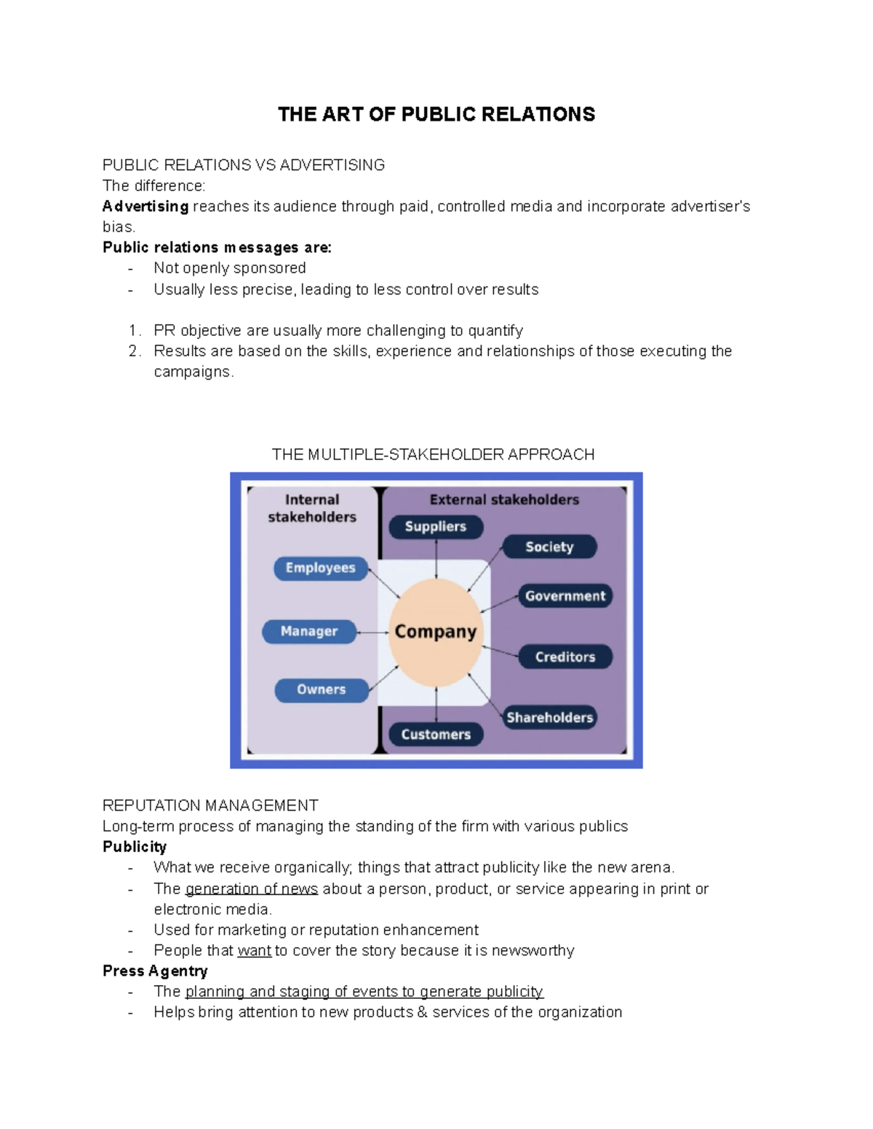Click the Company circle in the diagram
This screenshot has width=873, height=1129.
tap(436, 632)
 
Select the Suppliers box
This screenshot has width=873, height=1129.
tap(436, 526)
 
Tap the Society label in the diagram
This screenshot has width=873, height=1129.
tap(550, 547)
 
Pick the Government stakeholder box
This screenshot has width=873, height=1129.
tap(565, 596)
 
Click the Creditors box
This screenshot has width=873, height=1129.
tap(565, 656)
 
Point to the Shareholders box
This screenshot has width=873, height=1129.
tap(550, 718)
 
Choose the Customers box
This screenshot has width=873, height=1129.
tap(436, 734)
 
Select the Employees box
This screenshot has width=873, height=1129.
tap(321, 568)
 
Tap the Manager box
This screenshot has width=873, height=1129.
tap(309, 631)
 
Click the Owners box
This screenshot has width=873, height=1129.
tap(322, 689)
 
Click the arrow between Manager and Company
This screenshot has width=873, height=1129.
tap(373, 632)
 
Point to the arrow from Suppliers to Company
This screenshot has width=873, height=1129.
tap(436, 559)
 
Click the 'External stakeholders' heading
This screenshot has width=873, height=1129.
tap(504, 499)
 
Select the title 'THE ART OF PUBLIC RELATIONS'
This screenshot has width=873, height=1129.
tap(436, 114)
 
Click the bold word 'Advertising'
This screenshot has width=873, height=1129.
tap(145, 206)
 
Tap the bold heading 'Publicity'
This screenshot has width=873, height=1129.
tap(135, 847)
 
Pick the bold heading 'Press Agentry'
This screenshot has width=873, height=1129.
tap(155, 971)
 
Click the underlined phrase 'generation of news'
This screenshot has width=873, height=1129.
tap(252, 889)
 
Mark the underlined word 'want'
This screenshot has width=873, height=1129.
tap(254, 951)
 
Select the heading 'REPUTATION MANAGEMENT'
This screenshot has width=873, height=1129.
tap(210, 805)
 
